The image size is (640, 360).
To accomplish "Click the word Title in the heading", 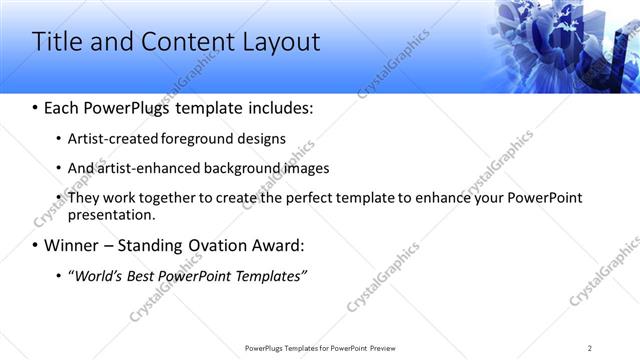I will tap(58, 42).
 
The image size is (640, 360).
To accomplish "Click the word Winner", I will tap(72, 244).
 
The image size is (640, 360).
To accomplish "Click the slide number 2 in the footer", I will tap(589, 348).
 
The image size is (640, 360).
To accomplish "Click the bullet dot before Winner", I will tap(36, 245).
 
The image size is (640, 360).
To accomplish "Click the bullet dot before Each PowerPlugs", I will tap(36, 108).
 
